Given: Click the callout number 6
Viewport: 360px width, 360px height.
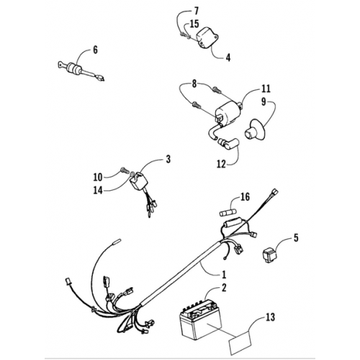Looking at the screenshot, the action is point(95,50).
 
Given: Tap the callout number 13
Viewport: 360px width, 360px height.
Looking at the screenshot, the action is point(270,317).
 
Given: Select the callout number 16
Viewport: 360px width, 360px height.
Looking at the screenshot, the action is point(245,197).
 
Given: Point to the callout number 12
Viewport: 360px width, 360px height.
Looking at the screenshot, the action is point(221,164).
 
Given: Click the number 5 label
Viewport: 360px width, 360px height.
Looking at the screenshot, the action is point(296,238).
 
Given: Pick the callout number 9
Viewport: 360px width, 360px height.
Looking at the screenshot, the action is point(264,102).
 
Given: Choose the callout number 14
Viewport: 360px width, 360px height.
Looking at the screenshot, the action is point(98,191).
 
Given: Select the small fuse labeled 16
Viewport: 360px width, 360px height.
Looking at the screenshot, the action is point(228,212).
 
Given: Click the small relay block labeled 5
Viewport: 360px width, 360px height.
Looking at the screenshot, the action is point(269,256).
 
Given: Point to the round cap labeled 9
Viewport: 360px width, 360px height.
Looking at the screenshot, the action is point(255,130).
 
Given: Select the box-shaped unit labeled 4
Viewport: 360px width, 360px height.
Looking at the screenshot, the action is point(207,38).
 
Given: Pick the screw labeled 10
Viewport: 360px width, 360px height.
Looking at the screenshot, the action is point(123,171).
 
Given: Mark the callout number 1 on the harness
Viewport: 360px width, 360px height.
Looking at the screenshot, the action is point(223,274).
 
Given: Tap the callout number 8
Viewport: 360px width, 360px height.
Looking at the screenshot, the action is point(194,84).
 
